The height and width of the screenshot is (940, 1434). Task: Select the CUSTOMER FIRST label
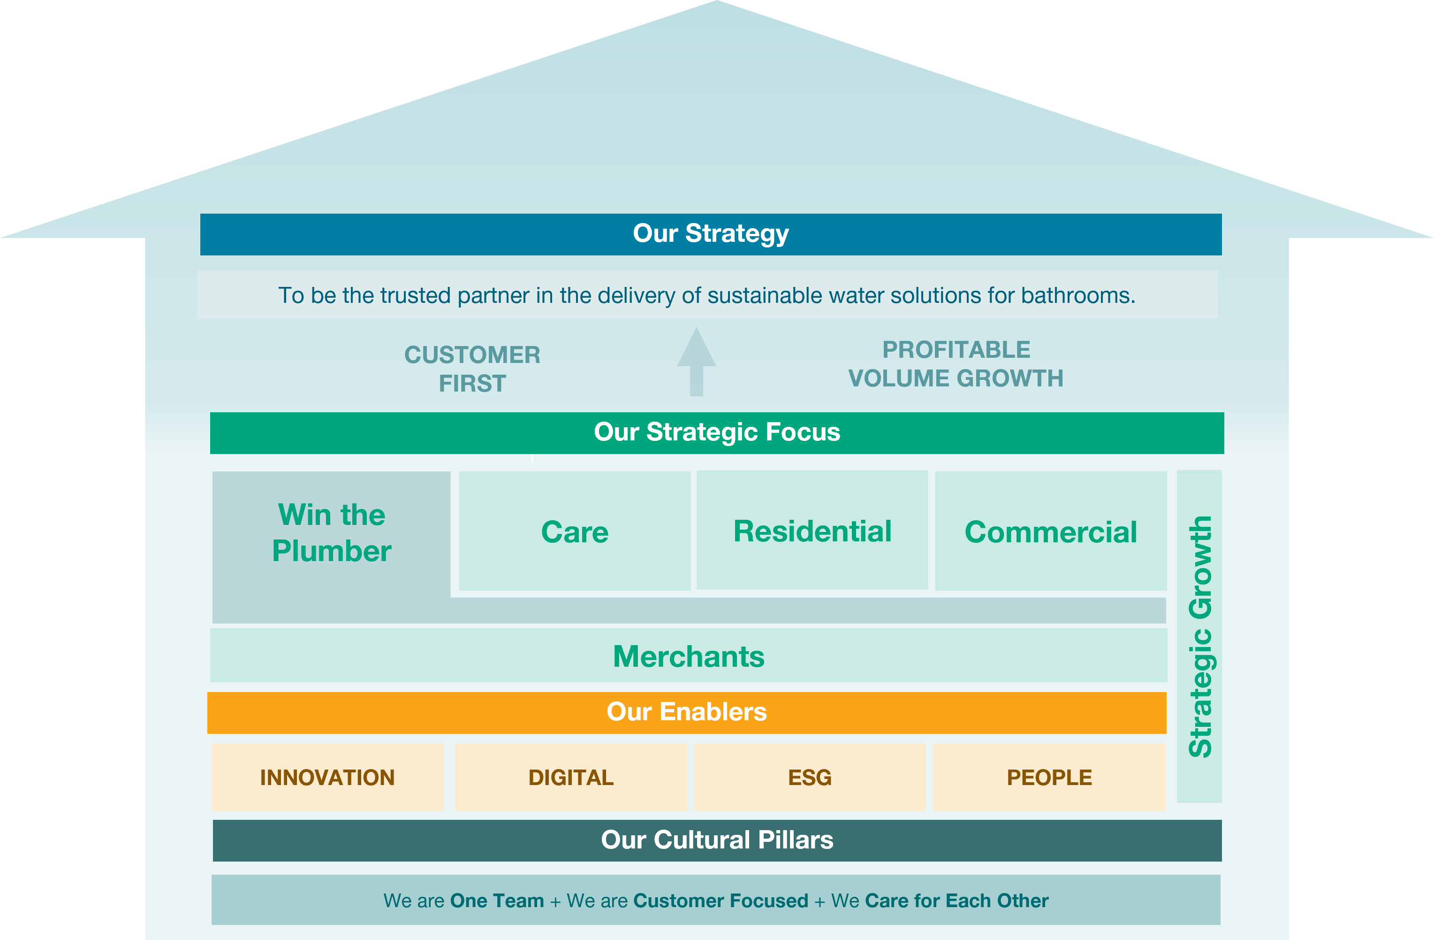[x=472, y=369]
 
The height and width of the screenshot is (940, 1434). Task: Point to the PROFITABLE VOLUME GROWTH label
[x=956, y=364]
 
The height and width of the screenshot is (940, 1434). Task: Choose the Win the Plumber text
[x=331, y=533]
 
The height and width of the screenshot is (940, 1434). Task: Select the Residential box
[x=812, y=531]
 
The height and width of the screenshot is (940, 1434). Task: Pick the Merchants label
[x=689, y=656]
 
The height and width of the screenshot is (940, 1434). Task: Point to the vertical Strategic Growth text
[x=1199, y=636]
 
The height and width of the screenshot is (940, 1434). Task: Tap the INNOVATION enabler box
[x=327, y=777]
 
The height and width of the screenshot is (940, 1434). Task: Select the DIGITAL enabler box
[x=570, y=777]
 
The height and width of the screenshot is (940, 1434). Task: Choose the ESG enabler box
[x=810, y=777]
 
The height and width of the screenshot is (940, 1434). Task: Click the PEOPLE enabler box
[x=1049, y=777]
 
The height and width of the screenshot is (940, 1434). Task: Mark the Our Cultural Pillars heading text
[x=717, y=840]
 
